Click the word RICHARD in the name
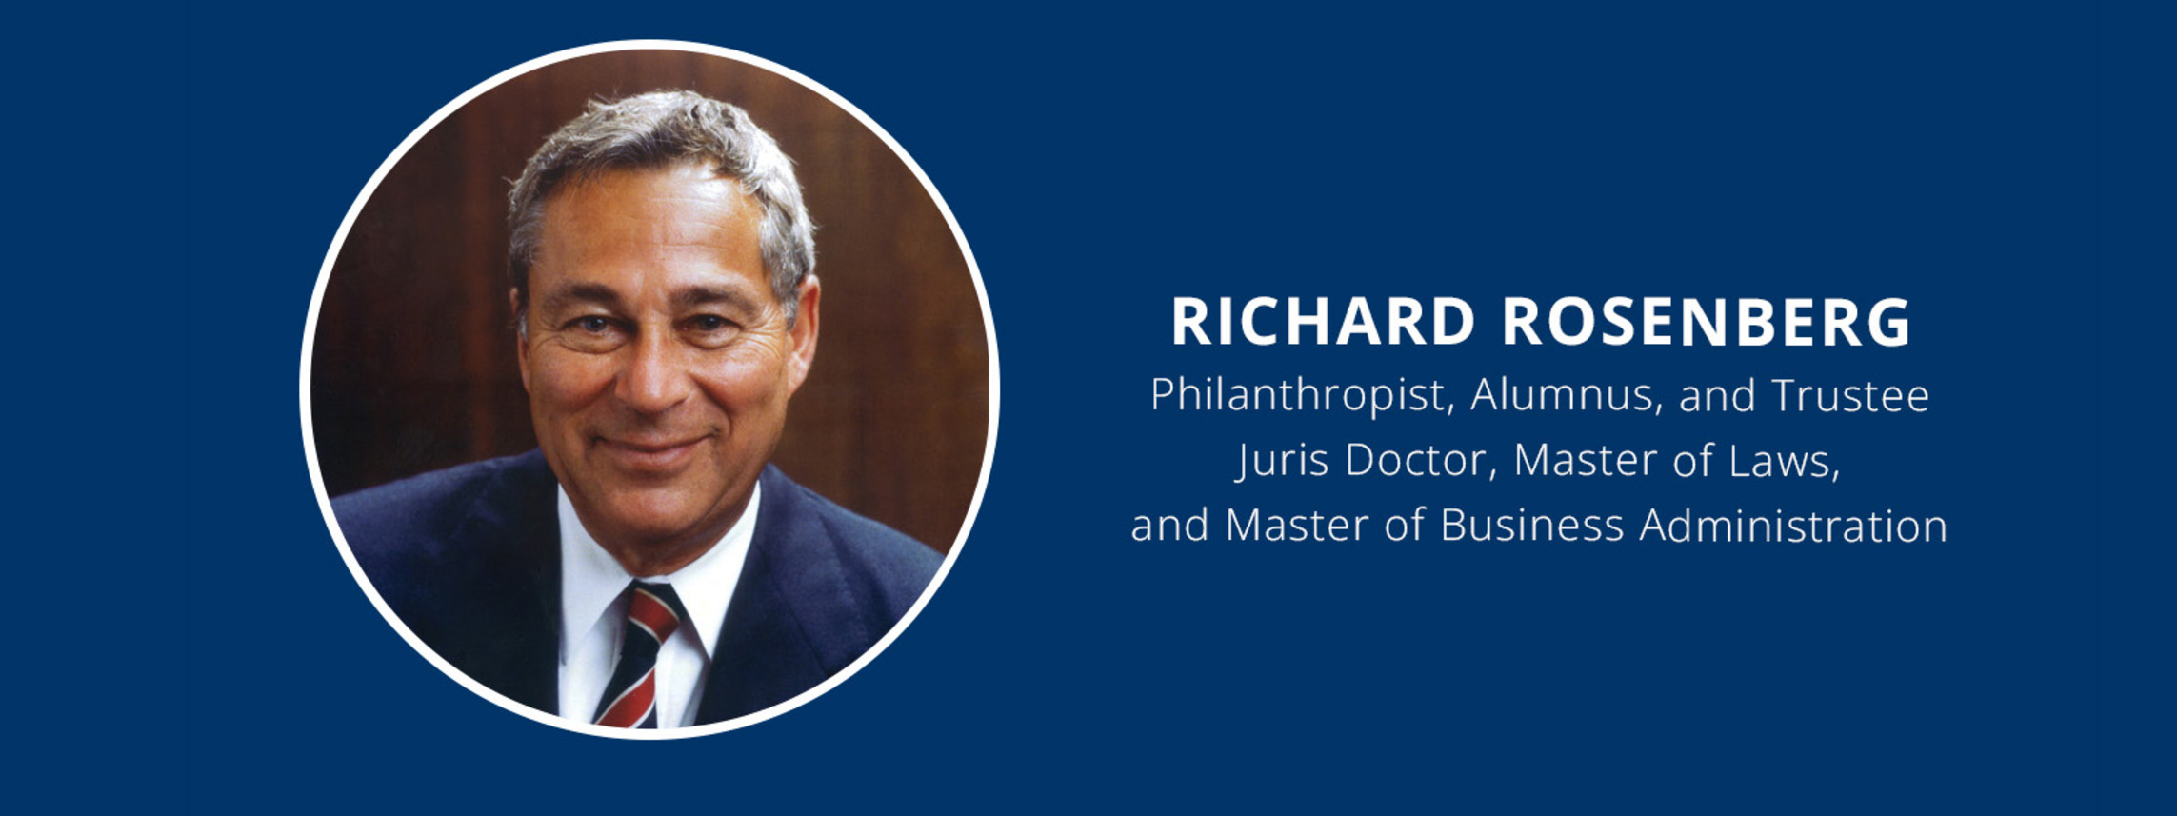(x=1323, y=322)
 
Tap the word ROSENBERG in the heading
(x=1707, y=322)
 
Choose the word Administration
(x=1793, y=526)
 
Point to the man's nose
(x=649, y=381)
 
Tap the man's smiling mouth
(x=653, y=444)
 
